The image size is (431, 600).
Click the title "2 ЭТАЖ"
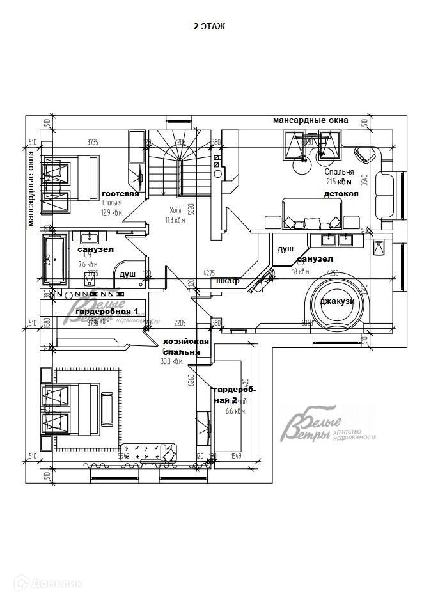point(209,26)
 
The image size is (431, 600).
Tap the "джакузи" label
point(337,301)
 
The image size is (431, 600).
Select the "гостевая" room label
point(120,194)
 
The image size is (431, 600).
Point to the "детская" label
point(341,193)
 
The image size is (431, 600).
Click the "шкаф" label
point(228,281)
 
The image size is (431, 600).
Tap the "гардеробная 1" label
point(107,310)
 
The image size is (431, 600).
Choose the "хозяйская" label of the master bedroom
point(186,341)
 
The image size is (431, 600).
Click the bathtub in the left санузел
point(54,259)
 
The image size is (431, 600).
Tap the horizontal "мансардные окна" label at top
point(310,120)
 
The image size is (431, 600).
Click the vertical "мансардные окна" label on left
point(31,189)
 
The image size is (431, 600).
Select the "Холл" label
point(175,210)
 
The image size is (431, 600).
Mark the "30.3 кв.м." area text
point(172,361)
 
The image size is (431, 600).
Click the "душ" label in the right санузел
point(285,248)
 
